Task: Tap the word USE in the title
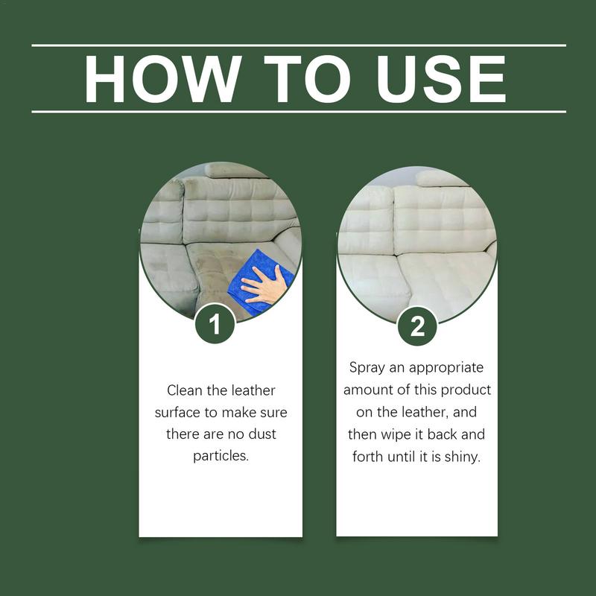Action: [434, 78]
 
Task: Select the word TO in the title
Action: [302, 78]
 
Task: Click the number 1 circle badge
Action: [215, 325]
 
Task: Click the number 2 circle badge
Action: [416, 326]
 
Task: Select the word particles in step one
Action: [221, 454]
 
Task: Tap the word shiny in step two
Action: [463, 456]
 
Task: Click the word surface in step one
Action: [179, 412]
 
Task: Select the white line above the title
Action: [298, 45]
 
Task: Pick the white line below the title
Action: [298, 112]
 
